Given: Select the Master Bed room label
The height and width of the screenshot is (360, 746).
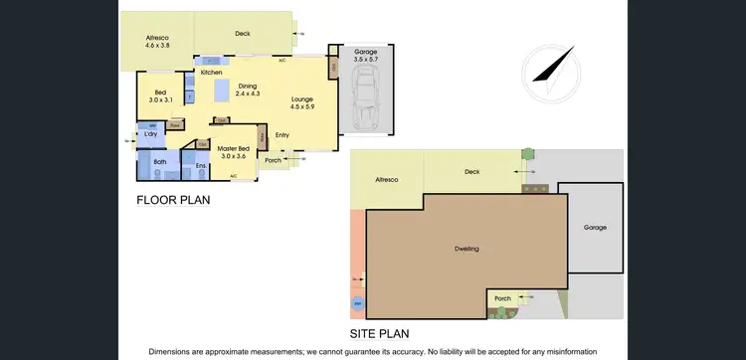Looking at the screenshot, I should tap(233, 151).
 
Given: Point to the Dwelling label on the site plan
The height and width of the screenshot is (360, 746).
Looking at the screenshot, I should tap(466, 249).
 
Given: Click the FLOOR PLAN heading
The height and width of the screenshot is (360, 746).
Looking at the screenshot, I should tap(173, 200).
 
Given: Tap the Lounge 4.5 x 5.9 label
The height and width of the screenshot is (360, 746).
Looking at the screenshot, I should tap(302, 103).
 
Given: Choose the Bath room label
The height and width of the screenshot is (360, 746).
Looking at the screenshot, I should tap(160, 161).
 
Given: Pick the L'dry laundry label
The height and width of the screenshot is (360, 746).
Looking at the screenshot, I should tap(152, 134).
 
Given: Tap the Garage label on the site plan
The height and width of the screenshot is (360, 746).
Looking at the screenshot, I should tap(595, 228).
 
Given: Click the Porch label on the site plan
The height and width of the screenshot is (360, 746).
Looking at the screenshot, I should tap(503, 297).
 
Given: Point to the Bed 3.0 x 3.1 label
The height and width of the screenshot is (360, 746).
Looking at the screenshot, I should tap(160, 96).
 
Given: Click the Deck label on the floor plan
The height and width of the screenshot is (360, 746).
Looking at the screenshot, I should tap(243, 34).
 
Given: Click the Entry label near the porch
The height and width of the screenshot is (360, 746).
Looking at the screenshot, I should tap(282, 135).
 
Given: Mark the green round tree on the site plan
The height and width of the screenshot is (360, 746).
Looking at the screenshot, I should tap(528, 154).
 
